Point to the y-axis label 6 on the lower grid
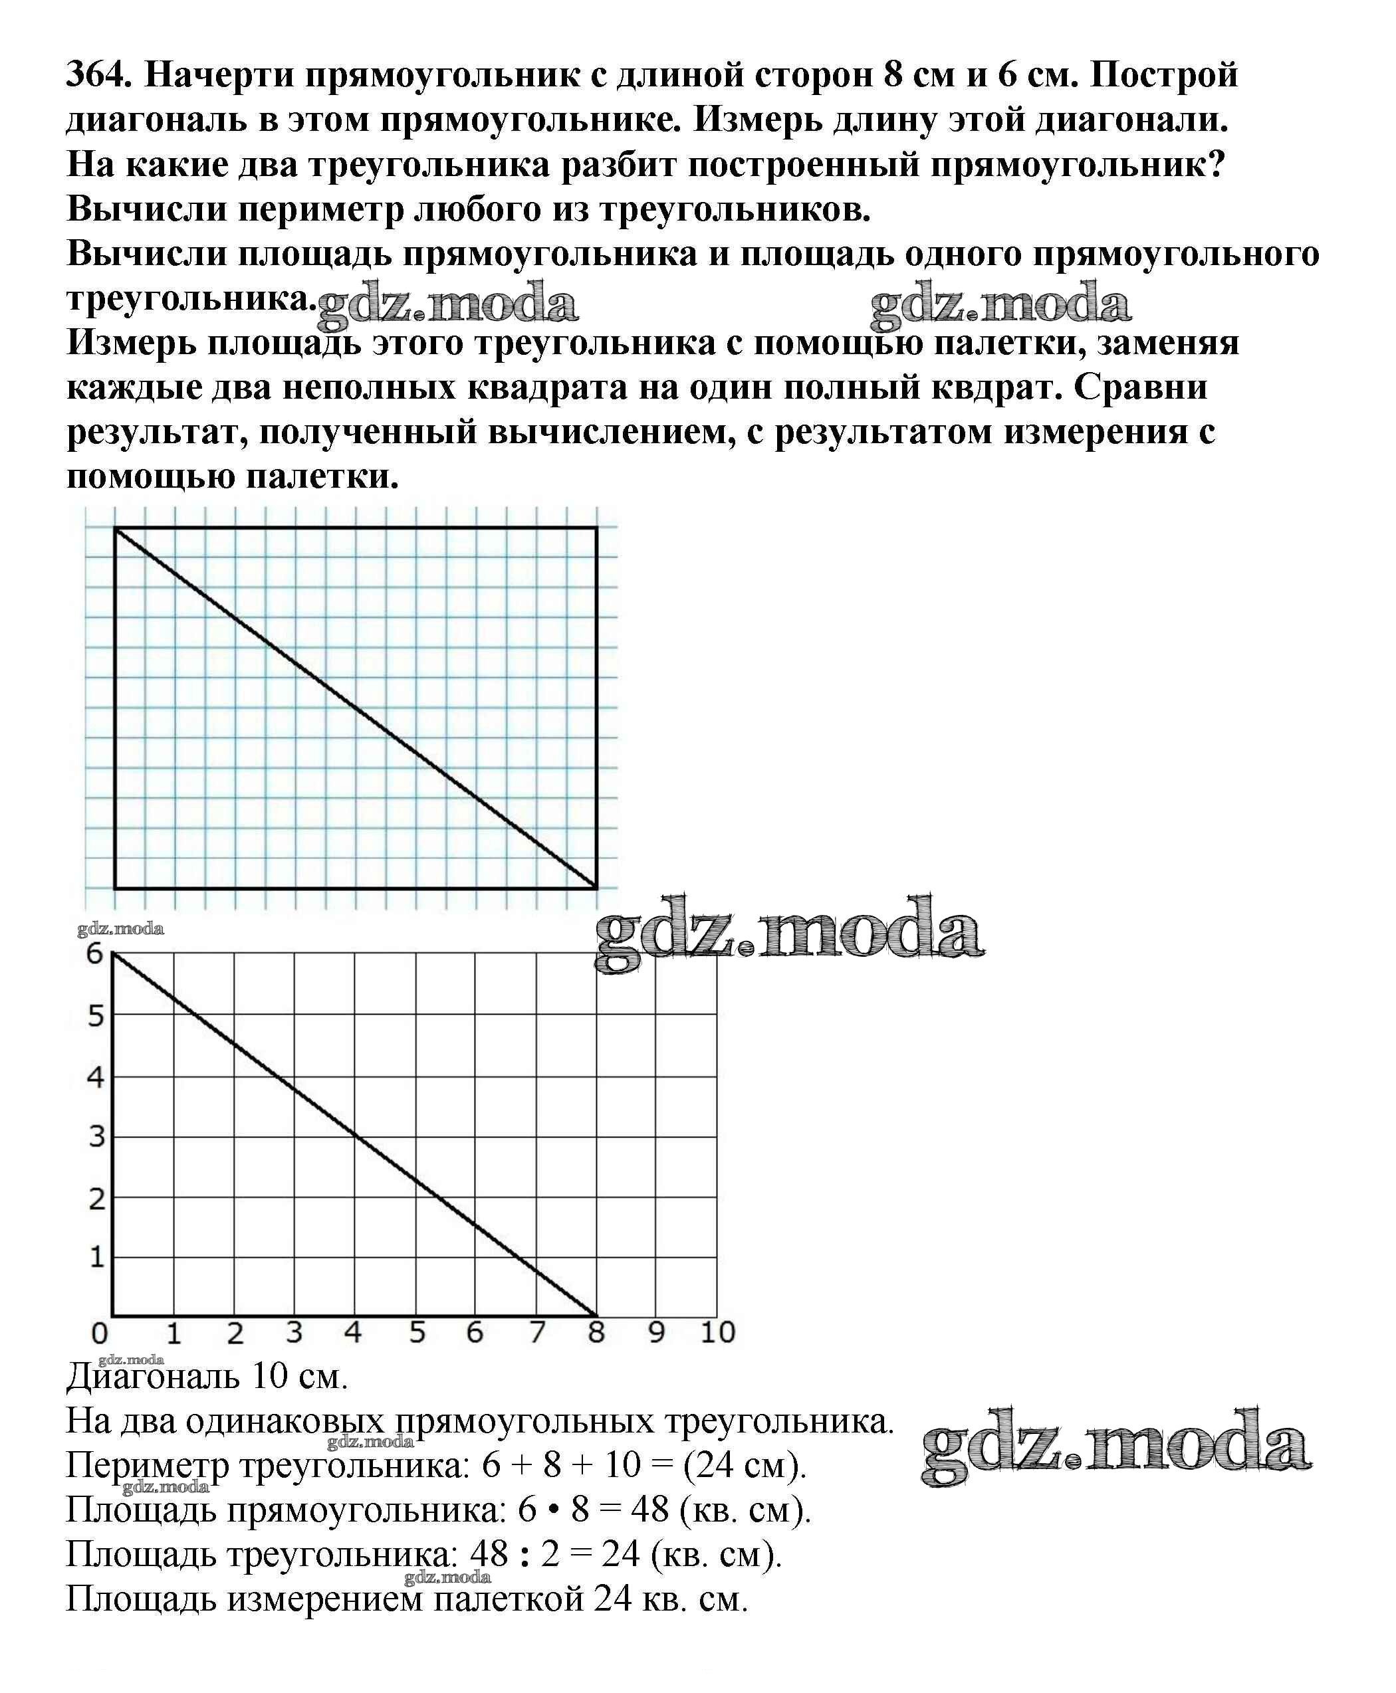click(x=95, y=953)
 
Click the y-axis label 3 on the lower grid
click(x=96, y=1137)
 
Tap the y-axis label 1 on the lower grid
click(x=96, y=1256)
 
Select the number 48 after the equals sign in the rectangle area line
click(x=649, y=1509)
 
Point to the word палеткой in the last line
click(x=509, y=1598)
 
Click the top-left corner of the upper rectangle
click(x=116, y=528)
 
